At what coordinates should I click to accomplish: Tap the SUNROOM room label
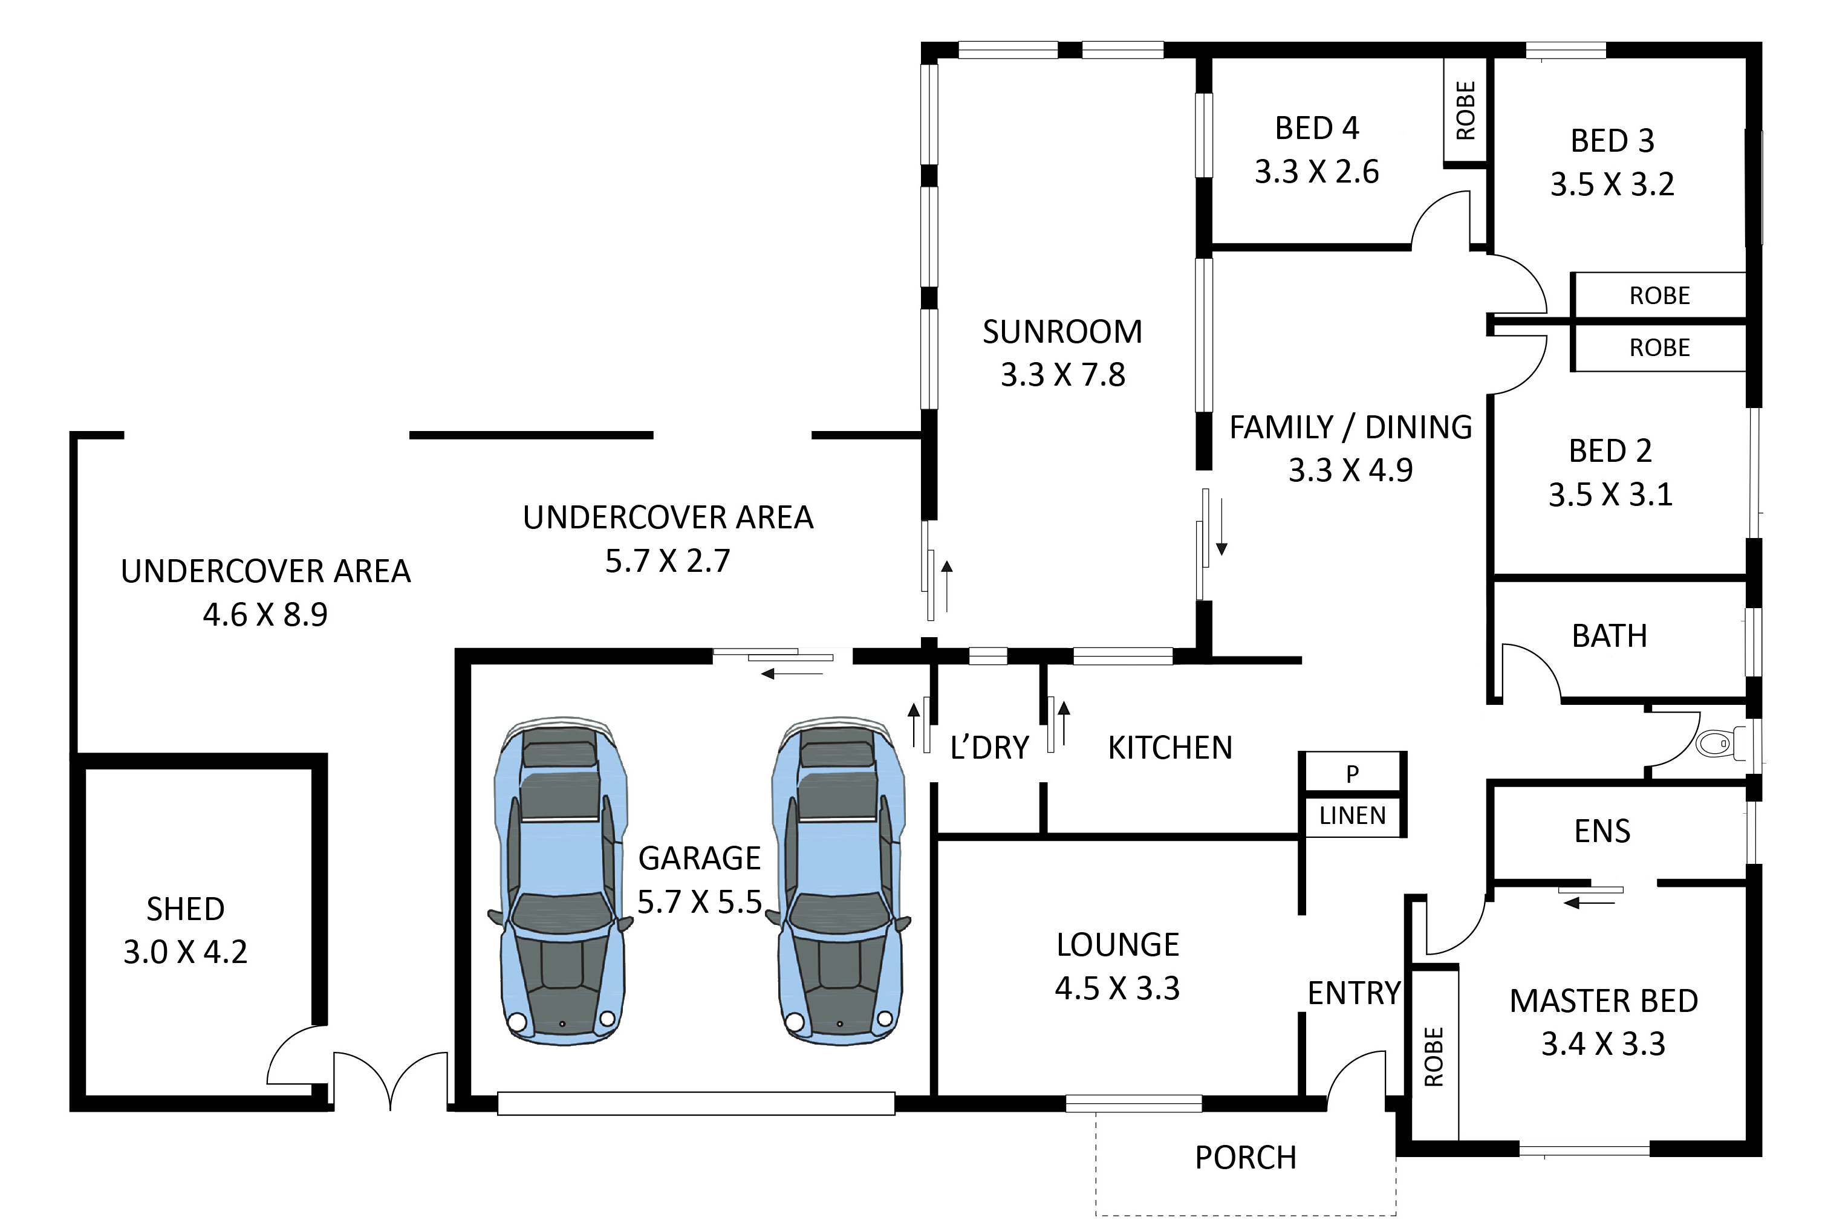click(1062, 331)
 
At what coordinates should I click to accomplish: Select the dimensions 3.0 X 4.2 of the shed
click(185, 952)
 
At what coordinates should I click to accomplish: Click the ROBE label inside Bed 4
click(1465, 111)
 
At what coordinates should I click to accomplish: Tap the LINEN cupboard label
click(1352, 816)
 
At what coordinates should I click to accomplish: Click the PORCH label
click(1246, 1158)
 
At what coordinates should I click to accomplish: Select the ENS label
click(1602, 831)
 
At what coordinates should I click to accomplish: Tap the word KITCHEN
click(1169, 748)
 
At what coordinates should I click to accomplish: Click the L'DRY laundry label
click(989, 748)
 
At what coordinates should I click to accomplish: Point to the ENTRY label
click(1354, 993)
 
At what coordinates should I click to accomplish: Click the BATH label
click(1609, 636)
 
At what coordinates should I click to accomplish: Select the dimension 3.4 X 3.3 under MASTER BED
click(1603, 1044)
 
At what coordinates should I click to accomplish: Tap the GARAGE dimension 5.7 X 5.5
click(699, 902)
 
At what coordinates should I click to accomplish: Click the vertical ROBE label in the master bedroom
click(1433, 1057)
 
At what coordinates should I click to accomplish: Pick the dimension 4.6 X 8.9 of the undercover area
click(265, 614)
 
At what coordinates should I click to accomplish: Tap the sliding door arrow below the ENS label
click(1589, 903)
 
